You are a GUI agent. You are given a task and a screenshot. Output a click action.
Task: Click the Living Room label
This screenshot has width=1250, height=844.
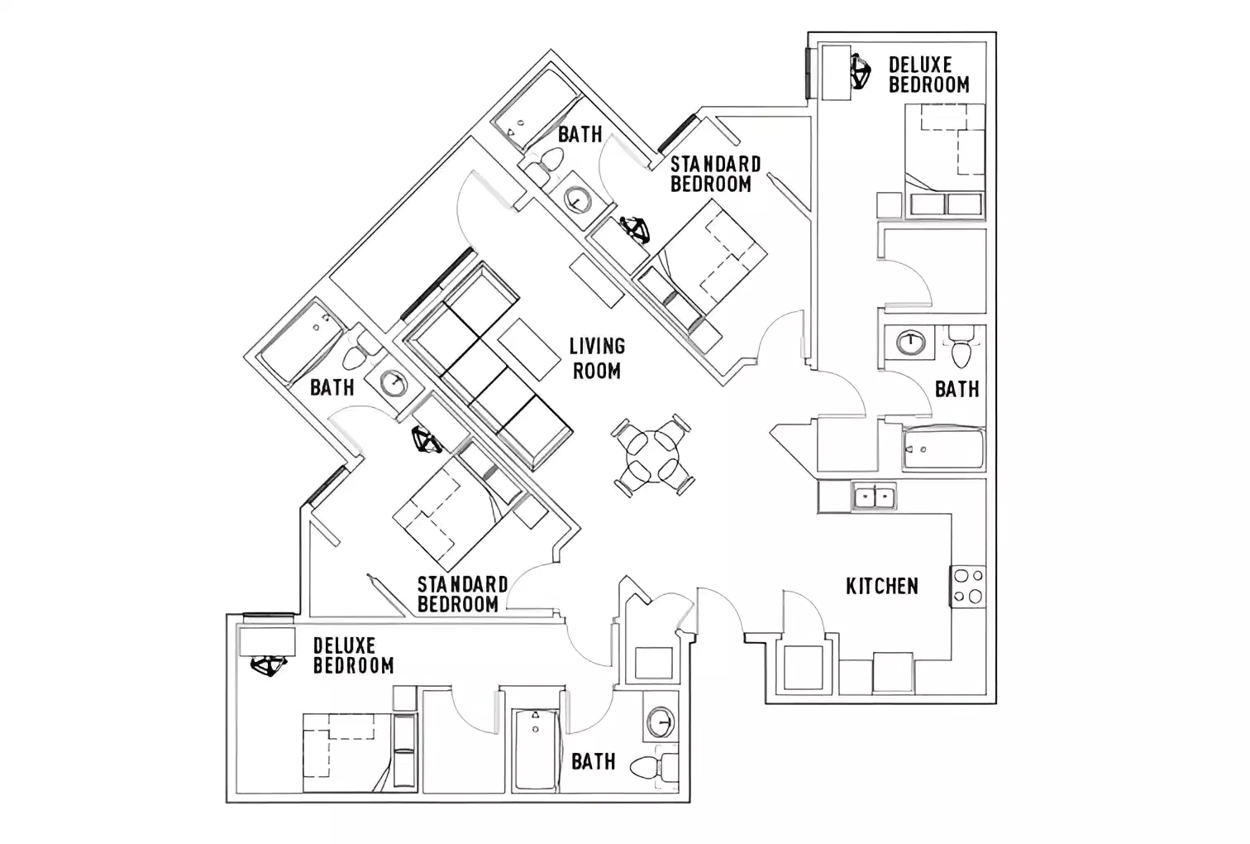tap(597, 358)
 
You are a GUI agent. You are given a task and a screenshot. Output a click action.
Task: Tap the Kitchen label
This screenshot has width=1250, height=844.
tap(881, 586)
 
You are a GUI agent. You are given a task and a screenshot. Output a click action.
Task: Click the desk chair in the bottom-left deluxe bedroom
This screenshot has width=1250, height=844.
tap(268, 666)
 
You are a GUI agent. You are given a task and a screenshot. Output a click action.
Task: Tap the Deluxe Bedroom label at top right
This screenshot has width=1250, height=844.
tap(928, 74)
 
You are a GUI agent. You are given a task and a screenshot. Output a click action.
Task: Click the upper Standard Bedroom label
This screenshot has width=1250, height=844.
tap(715, 174)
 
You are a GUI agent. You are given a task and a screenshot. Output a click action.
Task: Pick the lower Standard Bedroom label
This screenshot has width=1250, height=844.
tap(461, 594)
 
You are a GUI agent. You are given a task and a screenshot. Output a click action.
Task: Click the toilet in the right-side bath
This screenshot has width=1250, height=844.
tap(960, 348)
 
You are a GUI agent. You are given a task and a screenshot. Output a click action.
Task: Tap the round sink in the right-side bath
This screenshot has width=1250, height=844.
tap(910, 341)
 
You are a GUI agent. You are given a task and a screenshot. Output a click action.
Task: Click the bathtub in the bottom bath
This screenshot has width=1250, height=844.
tap(536, 749)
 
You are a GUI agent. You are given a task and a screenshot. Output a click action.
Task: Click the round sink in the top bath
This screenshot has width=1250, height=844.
tap(575, 199)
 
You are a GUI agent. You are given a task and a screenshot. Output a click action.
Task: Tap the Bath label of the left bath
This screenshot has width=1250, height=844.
tap(332, 387)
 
